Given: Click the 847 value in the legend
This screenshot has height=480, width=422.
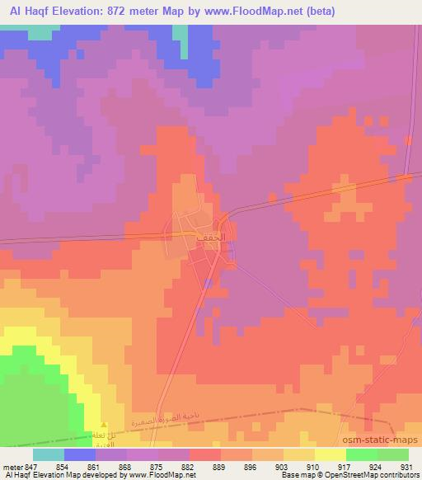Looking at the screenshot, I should [x=32, y=466].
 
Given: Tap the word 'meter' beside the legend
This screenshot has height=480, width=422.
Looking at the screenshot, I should [x=12, y=466].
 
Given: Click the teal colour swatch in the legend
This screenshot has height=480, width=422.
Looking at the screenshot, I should [x=48, y=454].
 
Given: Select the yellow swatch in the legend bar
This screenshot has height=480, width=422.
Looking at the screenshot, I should [x=331, y=454].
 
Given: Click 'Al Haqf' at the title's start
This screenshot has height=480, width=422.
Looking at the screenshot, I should [x=25, y=10].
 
